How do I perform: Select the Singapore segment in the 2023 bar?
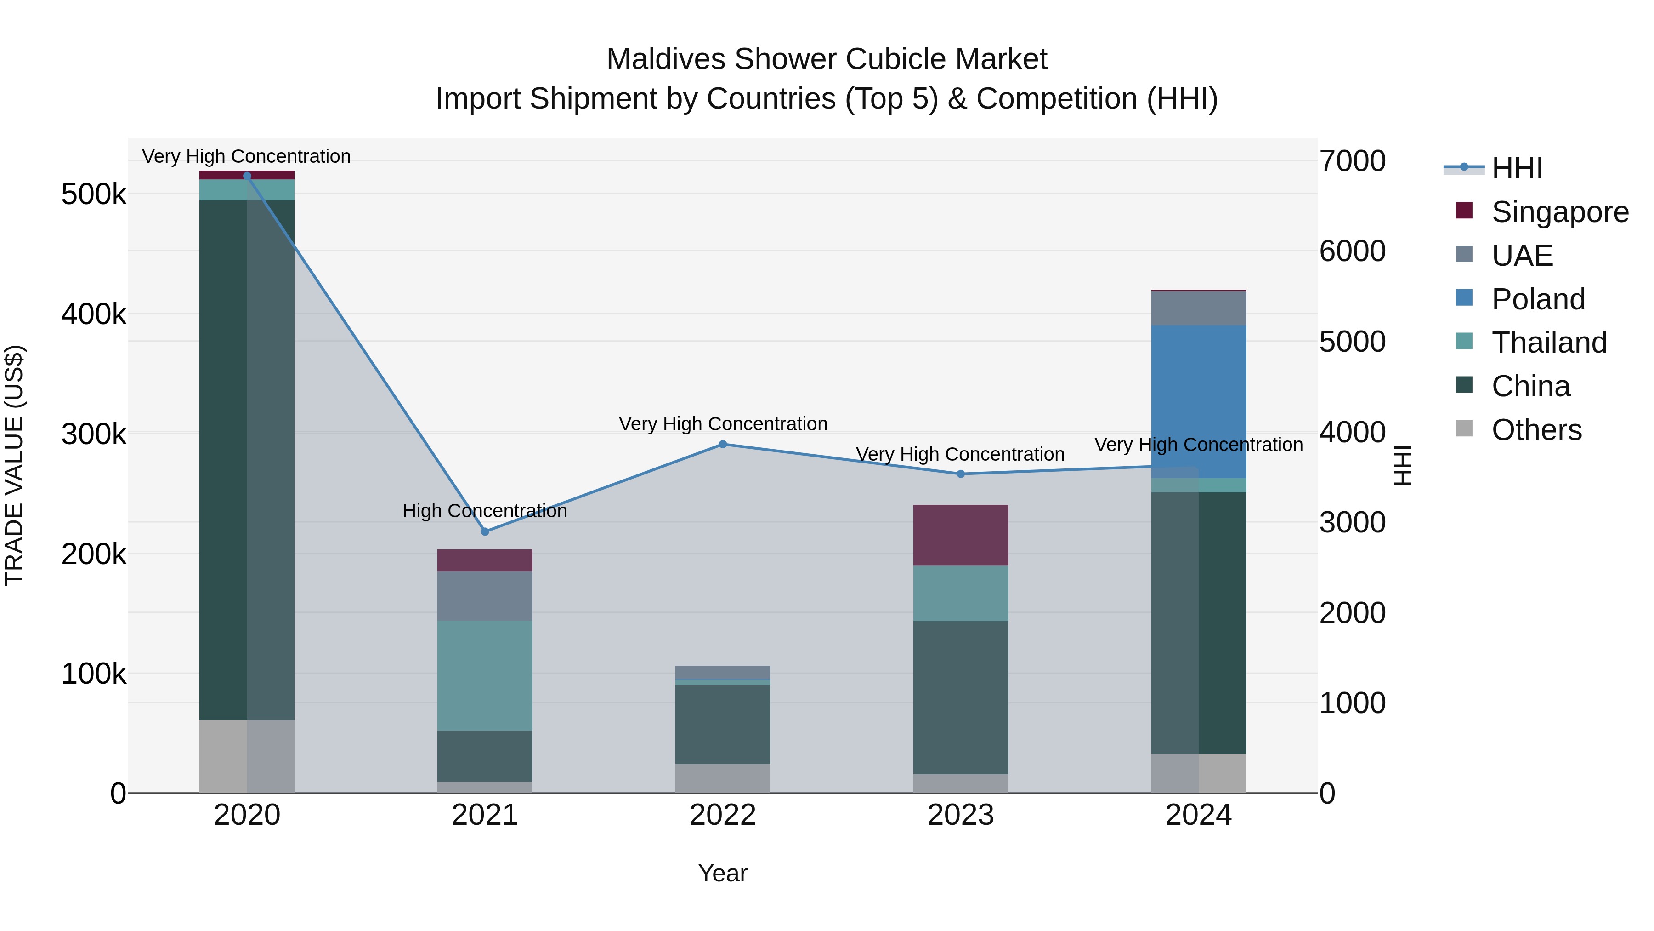961,535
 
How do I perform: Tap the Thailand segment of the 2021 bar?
485,674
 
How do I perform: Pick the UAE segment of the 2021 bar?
485,595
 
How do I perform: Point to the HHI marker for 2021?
485,531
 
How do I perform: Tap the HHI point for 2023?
961,474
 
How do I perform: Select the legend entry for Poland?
1537,299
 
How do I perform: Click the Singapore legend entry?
1559,212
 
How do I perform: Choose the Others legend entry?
1536,430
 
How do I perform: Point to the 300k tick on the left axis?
94,434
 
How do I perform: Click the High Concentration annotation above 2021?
485,511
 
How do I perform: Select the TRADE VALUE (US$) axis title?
14,465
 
